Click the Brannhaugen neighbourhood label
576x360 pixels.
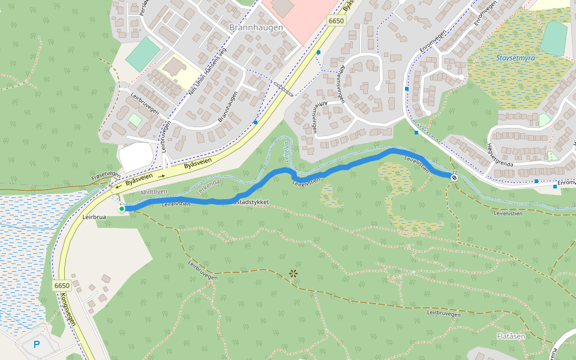pos(256,28)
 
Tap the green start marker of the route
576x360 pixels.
pos(122,209)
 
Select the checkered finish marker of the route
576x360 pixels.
pos(454,177)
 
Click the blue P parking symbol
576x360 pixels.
pos(36,345)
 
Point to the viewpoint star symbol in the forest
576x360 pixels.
pos(293,274)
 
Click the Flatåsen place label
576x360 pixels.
pos(511,336)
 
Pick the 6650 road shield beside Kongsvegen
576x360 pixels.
pos(62,286)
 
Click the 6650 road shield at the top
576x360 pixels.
pos(337,21)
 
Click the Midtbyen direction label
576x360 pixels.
pos(154,192)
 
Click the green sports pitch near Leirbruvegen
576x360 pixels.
pos(143,55)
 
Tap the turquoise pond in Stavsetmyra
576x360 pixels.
pos(553,38)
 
